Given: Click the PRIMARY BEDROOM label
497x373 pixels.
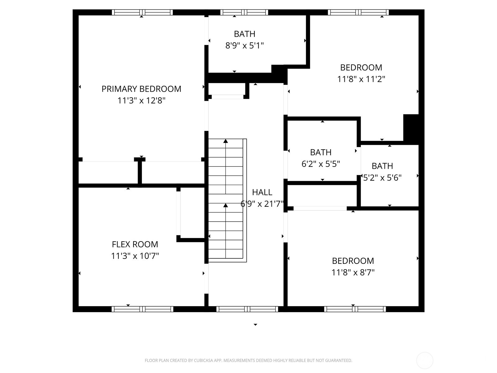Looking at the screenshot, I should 141,89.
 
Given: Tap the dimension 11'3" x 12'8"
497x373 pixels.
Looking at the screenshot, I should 141,101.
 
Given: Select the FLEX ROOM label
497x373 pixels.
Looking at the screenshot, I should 135,244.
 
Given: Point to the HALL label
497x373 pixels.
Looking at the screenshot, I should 262,192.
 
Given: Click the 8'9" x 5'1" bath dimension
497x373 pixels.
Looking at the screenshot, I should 244,46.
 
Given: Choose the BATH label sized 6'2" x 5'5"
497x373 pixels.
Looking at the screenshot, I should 321,152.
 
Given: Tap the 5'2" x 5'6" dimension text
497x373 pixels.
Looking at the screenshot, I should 382,178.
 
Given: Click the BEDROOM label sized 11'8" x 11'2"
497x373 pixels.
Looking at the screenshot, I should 361,67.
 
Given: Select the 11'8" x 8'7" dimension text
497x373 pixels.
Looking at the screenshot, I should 353,273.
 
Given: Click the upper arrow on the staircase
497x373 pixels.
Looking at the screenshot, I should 226,141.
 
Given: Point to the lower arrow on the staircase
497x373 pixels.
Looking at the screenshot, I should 226,205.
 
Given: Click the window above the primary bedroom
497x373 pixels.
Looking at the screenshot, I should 142,12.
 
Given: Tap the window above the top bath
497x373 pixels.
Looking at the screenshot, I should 244,12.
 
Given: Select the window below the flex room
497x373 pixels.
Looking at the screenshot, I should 142,309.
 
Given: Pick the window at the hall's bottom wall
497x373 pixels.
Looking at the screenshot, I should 247,309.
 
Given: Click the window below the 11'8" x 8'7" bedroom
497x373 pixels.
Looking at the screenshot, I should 355,309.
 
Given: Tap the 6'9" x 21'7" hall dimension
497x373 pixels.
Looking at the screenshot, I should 262,204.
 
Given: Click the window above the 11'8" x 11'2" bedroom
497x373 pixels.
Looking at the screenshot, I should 358,12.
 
